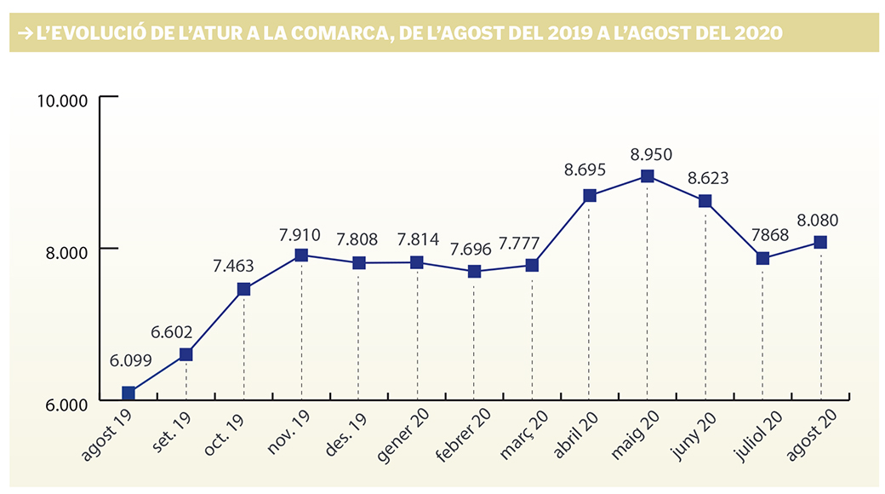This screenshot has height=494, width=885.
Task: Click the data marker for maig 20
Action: pos(648,176)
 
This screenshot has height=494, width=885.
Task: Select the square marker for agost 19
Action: pos(128,393)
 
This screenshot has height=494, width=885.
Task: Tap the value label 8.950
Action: pos(651,154)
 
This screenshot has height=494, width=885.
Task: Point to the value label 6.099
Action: pos(131,360)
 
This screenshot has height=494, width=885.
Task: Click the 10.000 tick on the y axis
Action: pos(65,101)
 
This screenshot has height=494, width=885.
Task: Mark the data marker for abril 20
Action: pos(590,196)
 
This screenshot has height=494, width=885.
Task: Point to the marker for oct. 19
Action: pos(244,289)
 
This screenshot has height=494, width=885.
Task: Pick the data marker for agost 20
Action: pos(820,242)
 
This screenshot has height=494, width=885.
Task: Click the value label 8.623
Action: pos(708,179)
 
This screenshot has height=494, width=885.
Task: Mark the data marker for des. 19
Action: pos(358,262)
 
